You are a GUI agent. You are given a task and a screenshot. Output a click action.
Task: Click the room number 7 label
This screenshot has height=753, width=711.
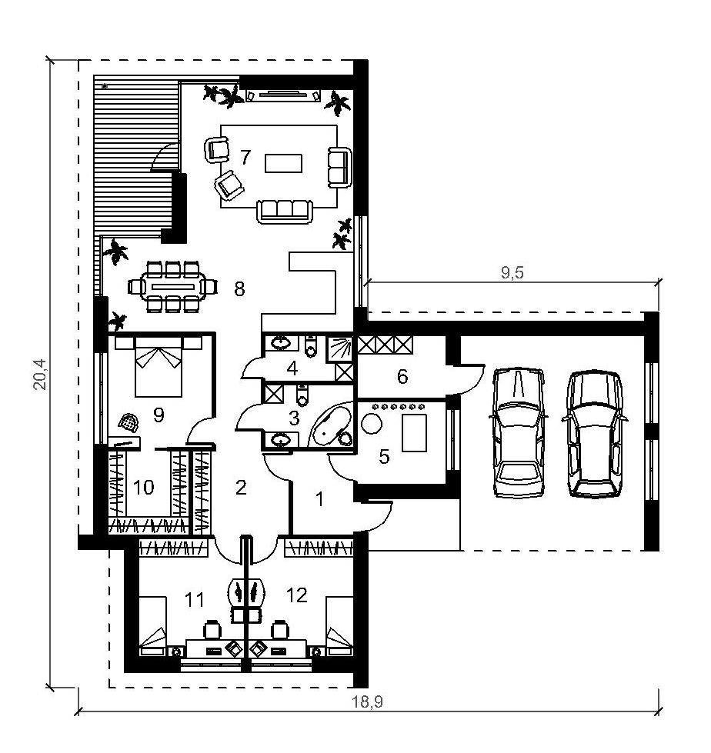pyautogui.click(x=245, y=157)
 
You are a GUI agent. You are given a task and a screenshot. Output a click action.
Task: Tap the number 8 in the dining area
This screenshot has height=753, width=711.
pyautogui.click(x=239, y=289)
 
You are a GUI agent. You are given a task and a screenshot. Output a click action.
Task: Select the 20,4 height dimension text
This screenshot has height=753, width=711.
pyautogui.click(x=40, y=374)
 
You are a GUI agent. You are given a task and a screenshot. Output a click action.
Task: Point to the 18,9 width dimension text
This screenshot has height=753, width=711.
pyautogui.click(x=368, y=702)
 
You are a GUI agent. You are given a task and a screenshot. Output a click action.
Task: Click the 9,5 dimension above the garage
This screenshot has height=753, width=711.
pyautogui.click(x=512, y=273)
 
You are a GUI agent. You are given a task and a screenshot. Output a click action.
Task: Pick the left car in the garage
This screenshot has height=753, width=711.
pyautogui.click(x=519, y=432)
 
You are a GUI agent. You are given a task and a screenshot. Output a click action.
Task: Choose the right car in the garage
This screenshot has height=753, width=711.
pyautogui.click(x=594, y=434)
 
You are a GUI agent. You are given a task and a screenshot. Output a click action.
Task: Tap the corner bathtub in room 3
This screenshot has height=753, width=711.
pyautogui.click(x=332, y=426)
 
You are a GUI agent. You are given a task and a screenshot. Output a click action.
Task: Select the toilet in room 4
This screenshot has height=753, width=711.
pyautogui.click(x=311, y=347)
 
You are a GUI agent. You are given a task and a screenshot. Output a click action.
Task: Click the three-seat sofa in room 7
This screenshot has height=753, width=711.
pyautogui.click(x=285, y=212)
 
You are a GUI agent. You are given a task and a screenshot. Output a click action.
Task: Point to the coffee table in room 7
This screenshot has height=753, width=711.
pyautogui.click(x=283, y=163)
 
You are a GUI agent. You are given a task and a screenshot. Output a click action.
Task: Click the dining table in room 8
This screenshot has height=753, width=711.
pyautogui.click(x=173, y=287)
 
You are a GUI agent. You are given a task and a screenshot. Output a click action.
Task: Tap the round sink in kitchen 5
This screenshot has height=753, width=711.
pyautogui.click(x=372, y=424)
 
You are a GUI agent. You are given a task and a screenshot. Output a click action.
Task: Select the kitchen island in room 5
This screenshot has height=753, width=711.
pyautogui.click(x=414, y=433)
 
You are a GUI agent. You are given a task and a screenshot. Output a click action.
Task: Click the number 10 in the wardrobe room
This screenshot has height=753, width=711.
pyautogui.click(x=143, y=488)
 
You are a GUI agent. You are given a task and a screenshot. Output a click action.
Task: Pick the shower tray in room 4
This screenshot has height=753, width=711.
pyautogui.click(x=339, y=348)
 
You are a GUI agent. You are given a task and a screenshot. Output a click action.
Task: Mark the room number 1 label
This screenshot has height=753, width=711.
pyautogui.click(x=319, y=499)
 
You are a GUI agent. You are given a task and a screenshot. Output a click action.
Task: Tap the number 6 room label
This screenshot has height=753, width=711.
pyautogui.click(x=402, y=377)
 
